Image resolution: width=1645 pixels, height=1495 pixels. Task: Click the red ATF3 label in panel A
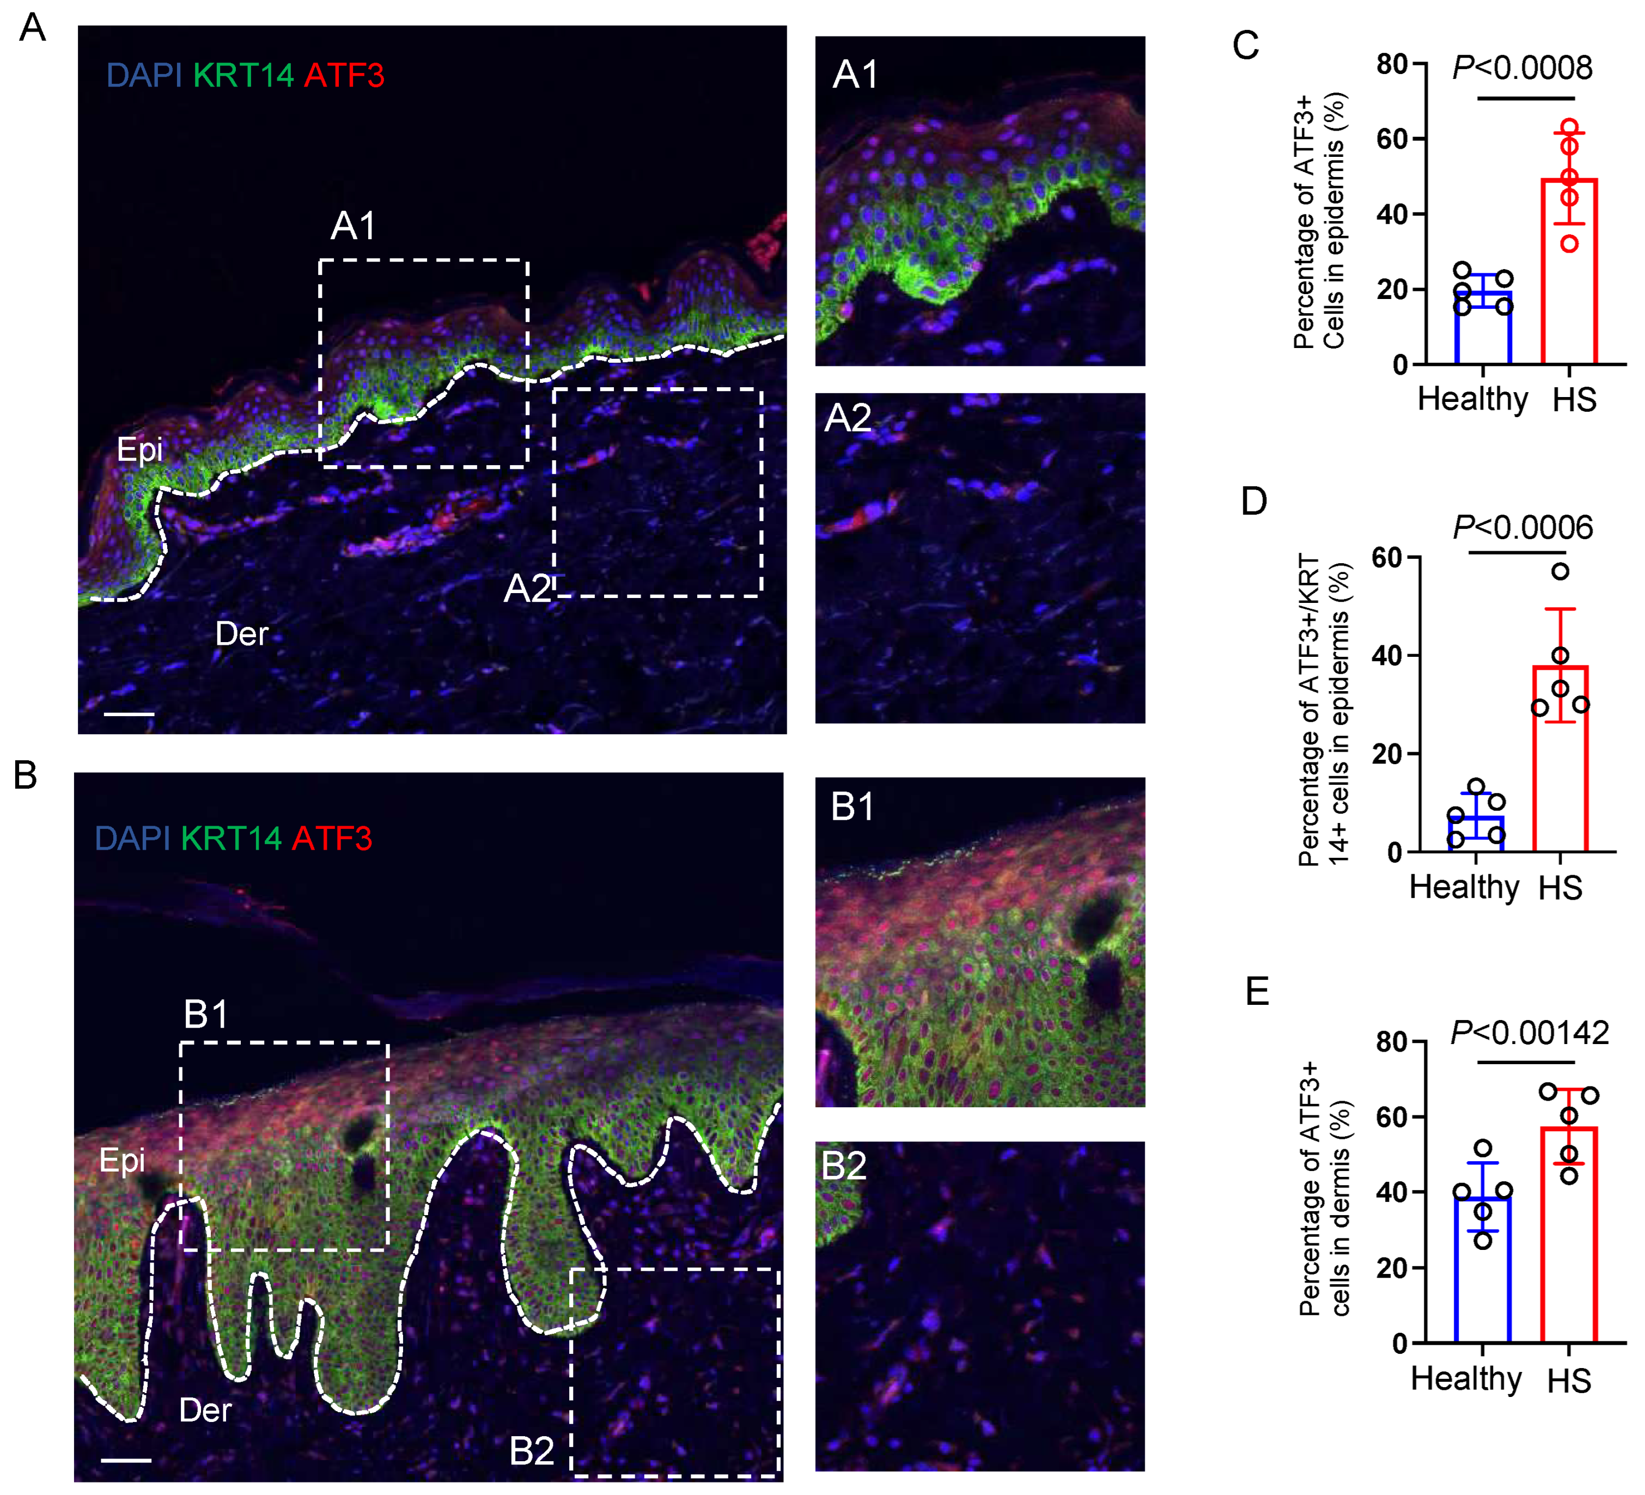(x=344, y=75)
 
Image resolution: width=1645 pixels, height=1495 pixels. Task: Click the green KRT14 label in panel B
(x=231, y=838)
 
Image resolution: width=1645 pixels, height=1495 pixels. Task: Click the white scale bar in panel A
(x=129, y=714)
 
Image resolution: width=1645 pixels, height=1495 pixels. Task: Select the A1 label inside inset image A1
(x=855, y=75)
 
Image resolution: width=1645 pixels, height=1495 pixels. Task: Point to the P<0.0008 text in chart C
(x=1522, y=67)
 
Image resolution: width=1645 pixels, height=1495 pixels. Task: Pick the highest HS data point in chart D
(x=1560, y=571)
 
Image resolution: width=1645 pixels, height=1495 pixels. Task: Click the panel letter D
(x=1254, y=501)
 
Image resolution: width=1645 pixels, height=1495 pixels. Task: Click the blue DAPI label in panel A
(x=144, y=75)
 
